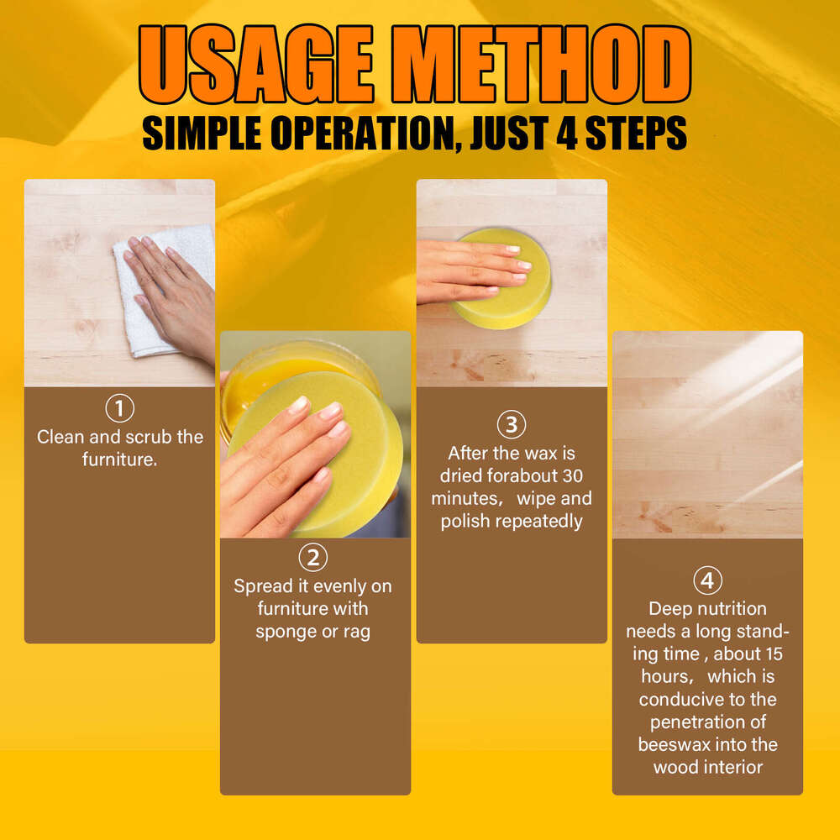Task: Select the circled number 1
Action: [x=119, y=409]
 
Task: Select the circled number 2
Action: [x=314, y=558]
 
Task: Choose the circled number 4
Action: [x=707, y=580]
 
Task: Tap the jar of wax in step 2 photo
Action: [x=277, y=370]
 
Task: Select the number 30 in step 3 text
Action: [x=573, y=475]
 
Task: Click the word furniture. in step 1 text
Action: [x=119, y=459]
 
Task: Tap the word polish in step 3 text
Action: [x=465, y=521]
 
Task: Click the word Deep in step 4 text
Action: [x=669, y=608]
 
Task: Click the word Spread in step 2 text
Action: [x=263, y=586]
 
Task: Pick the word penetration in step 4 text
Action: [x=707, y=722]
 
